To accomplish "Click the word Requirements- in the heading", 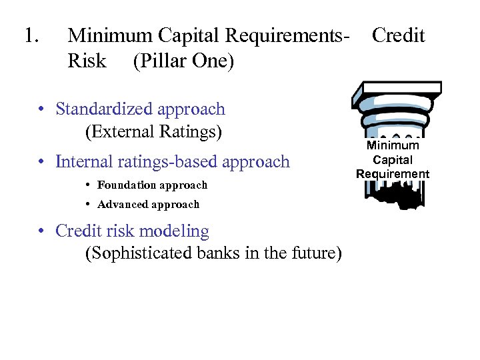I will pos(288,35).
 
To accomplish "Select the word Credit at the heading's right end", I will pos(398,35).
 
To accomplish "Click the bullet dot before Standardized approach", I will pos(41,109).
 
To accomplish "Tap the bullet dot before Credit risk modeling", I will pos(41,232).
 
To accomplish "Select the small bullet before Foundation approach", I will pos(89,185).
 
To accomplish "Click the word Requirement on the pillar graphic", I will pos(393,174).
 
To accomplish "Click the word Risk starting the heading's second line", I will pos(87,61).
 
